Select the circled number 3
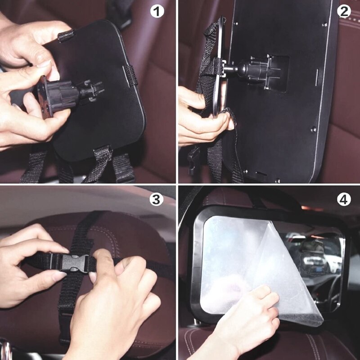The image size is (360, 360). pos(157,200)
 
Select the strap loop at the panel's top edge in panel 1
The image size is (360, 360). pos(66,35)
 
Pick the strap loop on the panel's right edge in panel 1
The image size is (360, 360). pos(131,76)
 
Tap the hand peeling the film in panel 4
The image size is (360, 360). pos(252,315)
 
